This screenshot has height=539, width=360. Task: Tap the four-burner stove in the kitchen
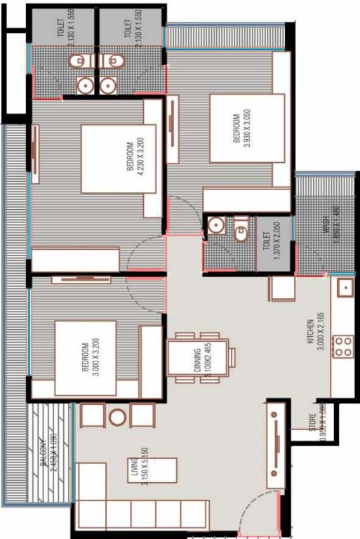pos(342,345)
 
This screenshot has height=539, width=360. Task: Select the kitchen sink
pos(344,287)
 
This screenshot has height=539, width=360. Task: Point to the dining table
pos(202,358)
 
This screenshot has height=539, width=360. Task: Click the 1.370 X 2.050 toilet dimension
pos(274,242)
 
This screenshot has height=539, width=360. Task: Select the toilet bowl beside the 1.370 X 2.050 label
pos(241,229)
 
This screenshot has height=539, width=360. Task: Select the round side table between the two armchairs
pos(117,417)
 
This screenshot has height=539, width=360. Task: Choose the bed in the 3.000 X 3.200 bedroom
pos(86,358)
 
